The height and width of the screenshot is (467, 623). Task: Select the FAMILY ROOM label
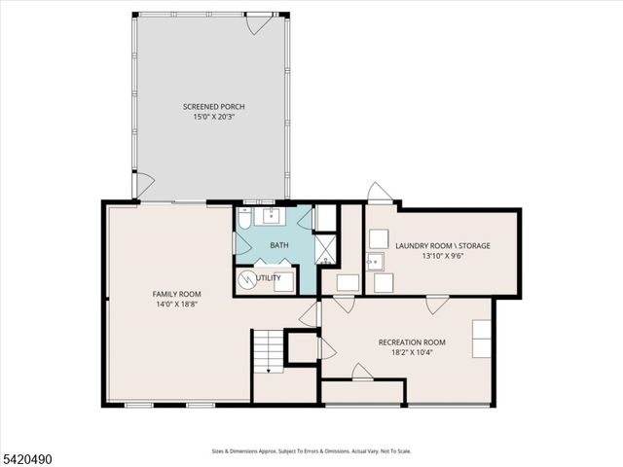click(x=176, y=294)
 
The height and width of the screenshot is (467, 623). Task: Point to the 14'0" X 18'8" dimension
click(x=176, y=305)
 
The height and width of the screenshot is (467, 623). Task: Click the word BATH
click(x=279, y=246)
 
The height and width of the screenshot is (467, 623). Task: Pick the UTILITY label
click(x=270, y=278)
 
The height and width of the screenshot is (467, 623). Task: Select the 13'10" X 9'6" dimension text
click(x=443, y=257)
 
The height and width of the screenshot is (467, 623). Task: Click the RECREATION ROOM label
click(x=412, y=342)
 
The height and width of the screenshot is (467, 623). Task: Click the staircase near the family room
click(x=267, y=350)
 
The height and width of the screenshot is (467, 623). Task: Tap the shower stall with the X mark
click(x=326, y=252)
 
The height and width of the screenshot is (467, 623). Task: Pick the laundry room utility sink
click(x=374, y=261)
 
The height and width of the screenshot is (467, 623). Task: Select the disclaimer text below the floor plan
click(x=311, y=451)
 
